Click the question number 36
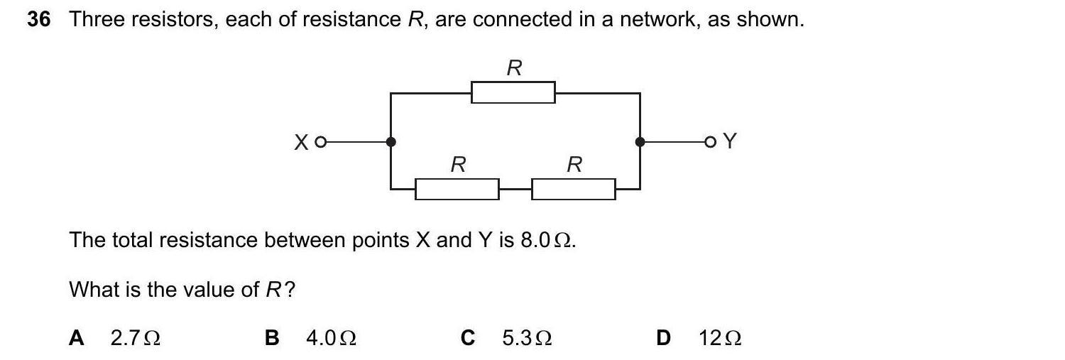(x=39, y=20)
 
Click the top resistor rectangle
(x=513, y=92)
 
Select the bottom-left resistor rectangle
(x=457, y=189)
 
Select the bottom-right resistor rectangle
(x=573, y=189)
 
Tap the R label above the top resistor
(x=514, y=68)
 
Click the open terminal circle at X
(x=320, y=143)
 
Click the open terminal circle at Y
(x=710, y=143)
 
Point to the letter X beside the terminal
(x=302, y=143)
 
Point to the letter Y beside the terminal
(x=729, y=142)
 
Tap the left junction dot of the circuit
(x=390, y=142)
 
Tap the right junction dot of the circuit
(x=640, y=142)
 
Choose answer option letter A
(x=77, y=338)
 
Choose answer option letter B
(x=272, y=338)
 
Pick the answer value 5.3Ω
(x=527, y=338)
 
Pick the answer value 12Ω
(x=720, y=338)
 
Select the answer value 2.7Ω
(x=135, y=338)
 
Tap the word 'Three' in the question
(x=96, y=20)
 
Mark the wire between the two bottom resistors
(x=515, y=189)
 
